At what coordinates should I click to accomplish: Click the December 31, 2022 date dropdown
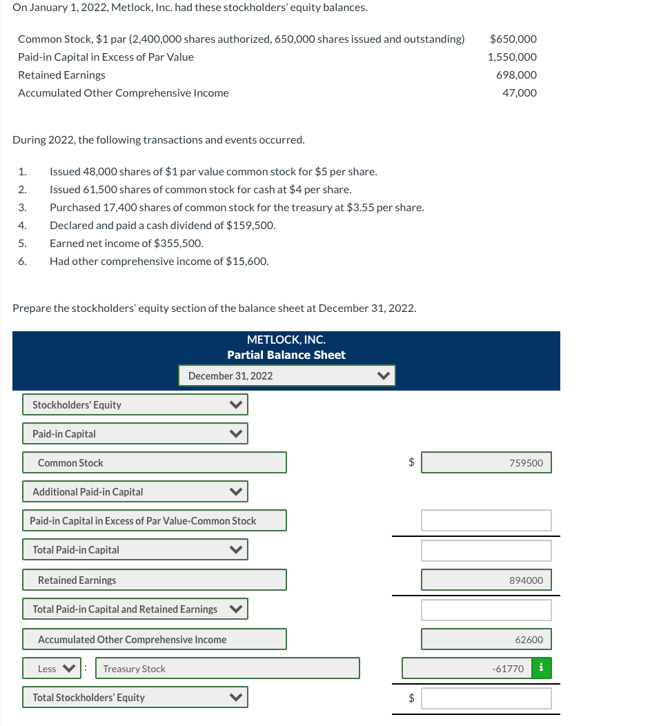(286, 375)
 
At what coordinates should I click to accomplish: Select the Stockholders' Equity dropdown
(135, 404)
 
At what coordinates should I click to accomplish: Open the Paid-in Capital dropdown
(135, 433)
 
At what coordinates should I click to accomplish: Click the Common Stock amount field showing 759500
(486, 462)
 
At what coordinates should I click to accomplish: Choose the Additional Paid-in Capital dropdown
(135, 491)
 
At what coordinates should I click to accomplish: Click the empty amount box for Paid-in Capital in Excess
(486, 520)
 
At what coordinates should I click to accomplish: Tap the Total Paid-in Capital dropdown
(135, 549)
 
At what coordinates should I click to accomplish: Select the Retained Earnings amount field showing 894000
(486, 580)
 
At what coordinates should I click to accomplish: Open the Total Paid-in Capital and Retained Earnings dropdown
(135, 609)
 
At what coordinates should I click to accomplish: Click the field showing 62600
(486, 639)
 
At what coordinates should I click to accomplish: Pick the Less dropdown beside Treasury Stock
(52, 668)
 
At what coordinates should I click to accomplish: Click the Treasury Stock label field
(227, 668)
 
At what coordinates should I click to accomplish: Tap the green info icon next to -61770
(541, 668)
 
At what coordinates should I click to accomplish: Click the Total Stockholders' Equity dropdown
(135, 697)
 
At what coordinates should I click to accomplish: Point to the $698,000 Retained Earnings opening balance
(516, 75)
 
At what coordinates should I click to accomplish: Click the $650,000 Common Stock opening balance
(513, 39)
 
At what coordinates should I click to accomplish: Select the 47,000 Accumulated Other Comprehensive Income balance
(519, 92)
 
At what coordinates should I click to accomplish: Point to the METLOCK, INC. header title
(286, 340)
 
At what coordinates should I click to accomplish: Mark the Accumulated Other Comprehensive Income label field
(154, 639)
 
